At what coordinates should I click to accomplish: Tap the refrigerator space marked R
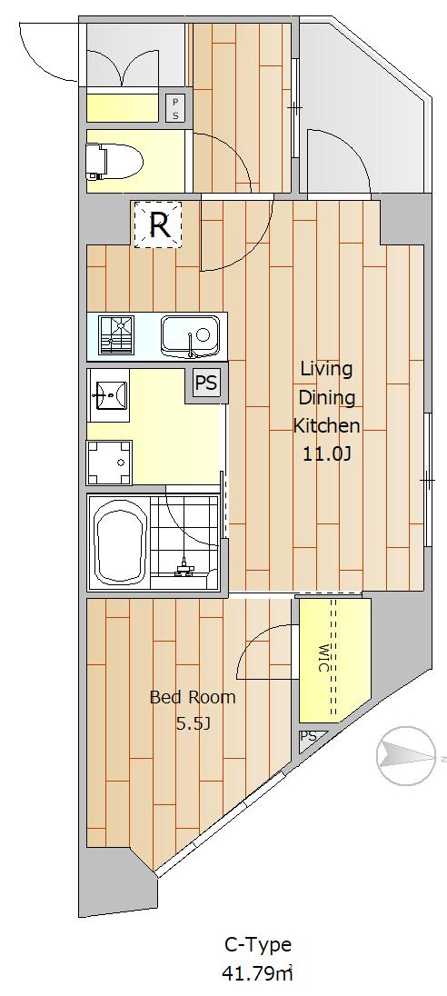point(158,224)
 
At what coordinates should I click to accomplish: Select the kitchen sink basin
point(190,336)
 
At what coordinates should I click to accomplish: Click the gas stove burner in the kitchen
point(117,334)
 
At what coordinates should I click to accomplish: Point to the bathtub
point(119,541)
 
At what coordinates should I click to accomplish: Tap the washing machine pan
point(109,463)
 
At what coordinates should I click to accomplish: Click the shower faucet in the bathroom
point(184,566)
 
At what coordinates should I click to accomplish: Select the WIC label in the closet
point(323,657)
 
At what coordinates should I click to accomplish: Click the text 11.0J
point(326,453)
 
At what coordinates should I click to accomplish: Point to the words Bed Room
point(193,697)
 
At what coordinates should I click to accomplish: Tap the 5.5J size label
point(193,723)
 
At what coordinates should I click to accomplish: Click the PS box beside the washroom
point(205,383)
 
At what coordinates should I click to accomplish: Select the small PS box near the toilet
point(175,108)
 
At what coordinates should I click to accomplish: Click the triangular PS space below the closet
point(310,739)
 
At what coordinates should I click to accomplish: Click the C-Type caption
point(258,945)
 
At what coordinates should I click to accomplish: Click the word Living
point(326,370)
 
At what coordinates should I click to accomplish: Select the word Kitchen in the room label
point(326,425)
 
